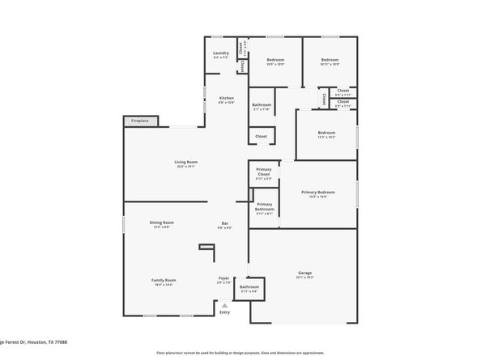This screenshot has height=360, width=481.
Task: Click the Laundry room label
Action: pyautogui.click(x=221, y=56)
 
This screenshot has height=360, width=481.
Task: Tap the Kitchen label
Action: pyautogui.click(x=226, y=100)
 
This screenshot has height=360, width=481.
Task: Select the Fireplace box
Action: pyautogui.click(x=141, y=121)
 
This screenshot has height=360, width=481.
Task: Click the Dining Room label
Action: pyautogui.click(x=161, y=223)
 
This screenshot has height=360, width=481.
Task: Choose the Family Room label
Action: pyautogui.click(x=162, y=282)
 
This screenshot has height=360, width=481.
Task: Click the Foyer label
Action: pyautogui.click(x=224, y=282)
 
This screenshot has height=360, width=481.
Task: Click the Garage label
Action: pyautogui.click(x=304, y=273)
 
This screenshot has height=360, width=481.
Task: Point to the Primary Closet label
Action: pyautogui.click(x=263, y=173)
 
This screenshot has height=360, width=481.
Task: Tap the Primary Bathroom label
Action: pyautogui.click(x=265, y=209)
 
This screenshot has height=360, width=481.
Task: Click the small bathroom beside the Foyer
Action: pyautogui.click(x=249, y=289)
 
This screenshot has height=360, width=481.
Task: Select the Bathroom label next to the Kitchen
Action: pyautogui.click(x=261, y=105)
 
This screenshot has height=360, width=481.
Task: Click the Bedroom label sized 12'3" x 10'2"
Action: pyautogui.click(x=326, y=133)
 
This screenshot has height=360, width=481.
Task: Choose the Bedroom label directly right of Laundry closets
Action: pyautogui.click(x=275, y=61)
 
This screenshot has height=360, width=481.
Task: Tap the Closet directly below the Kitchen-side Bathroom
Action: pyautogui.click(x=261, y=137)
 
